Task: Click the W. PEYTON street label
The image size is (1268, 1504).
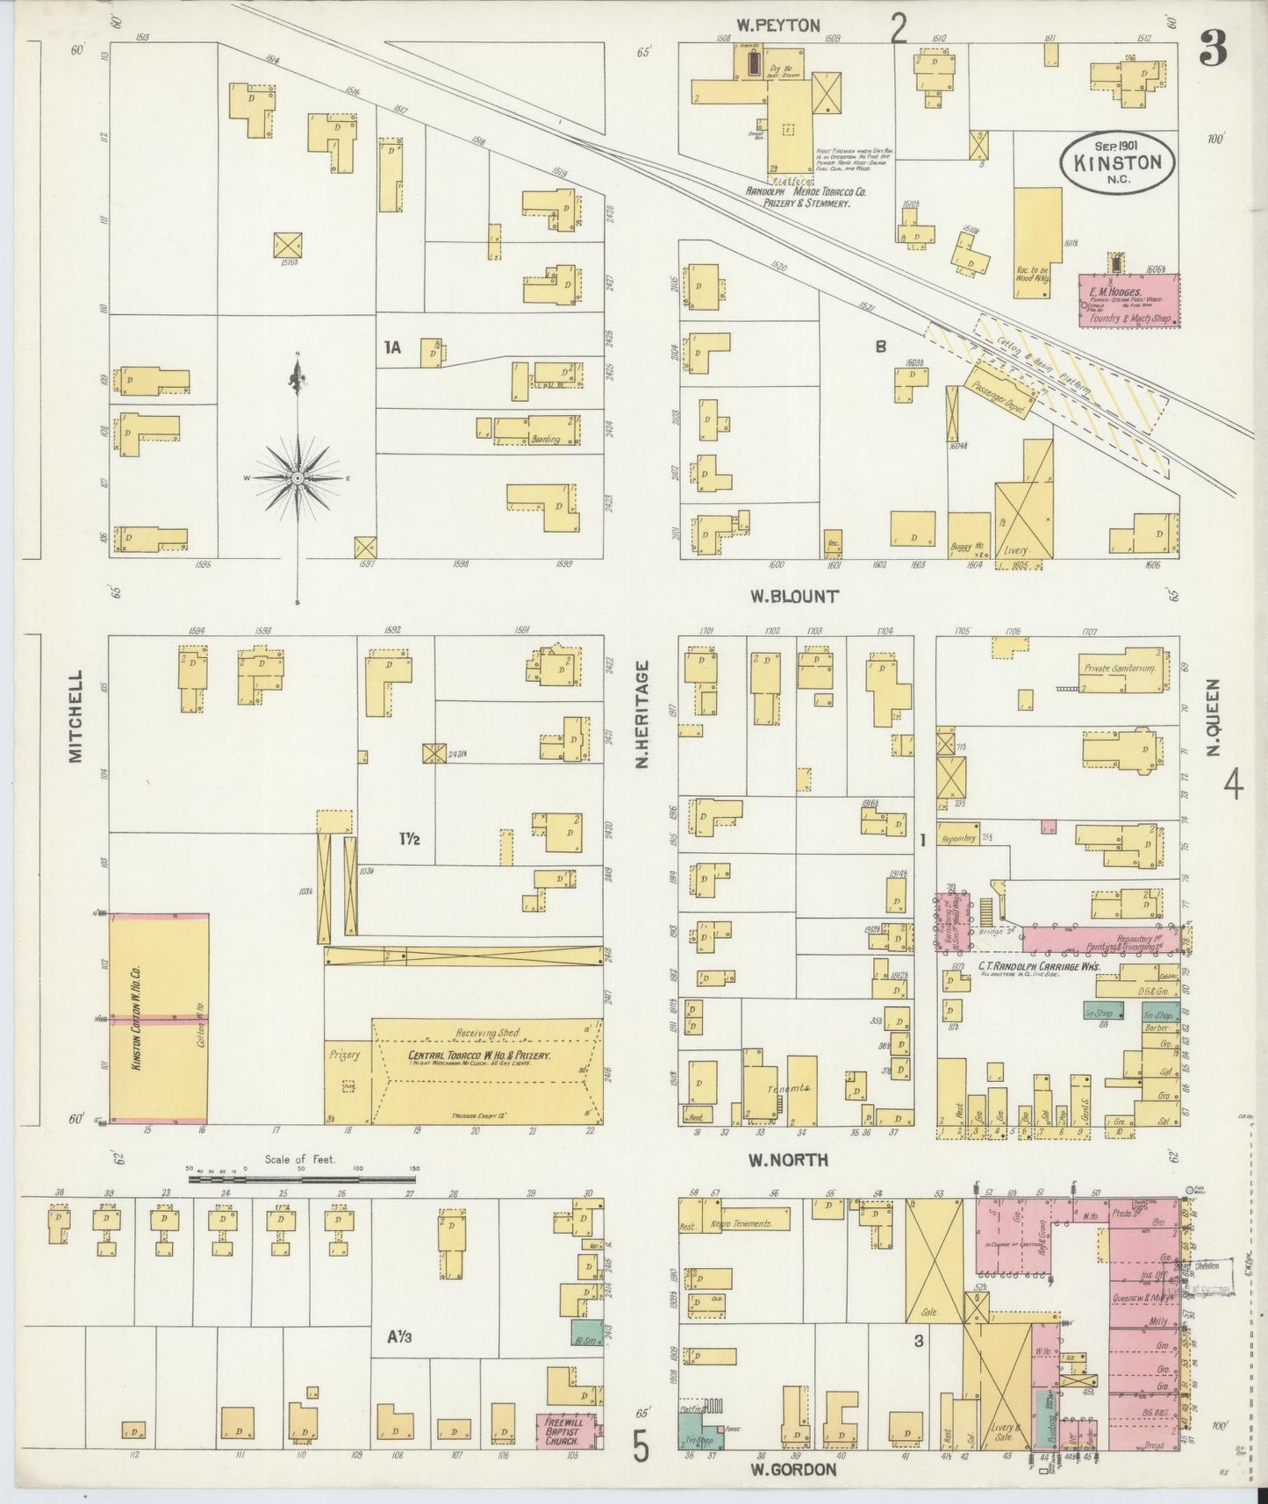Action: click(x=777, y=25)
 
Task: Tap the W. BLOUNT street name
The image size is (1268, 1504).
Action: click(x=793, y=596)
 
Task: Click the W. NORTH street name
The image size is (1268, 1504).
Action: click(x=788, y=1159)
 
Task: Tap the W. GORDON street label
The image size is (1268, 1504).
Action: click(x=792, y=1468)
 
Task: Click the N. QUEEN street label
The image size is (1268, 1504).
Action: click(x=1214, y=716)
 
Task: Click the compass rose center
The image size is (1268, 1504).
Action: click(x=297, y=476)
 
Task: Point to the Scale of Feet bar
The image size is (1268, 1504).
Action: click(x=304, y=1180)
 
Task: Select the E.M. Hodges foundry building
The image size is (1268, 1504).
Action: click(x=1128, y=300)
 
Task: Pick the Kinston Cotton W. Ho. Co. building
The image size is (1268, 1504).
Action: click(x=158, y=1018)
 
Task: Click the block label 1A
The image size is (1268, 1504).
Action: click(x=392, y=347)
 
